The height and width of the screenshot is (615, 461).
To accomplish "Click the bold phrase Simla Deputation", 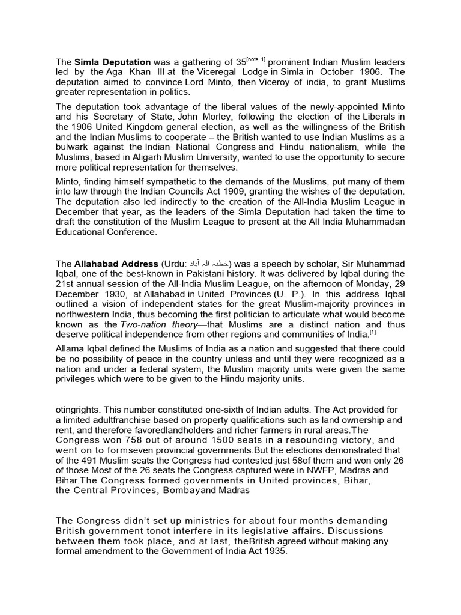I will (113, 62).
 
